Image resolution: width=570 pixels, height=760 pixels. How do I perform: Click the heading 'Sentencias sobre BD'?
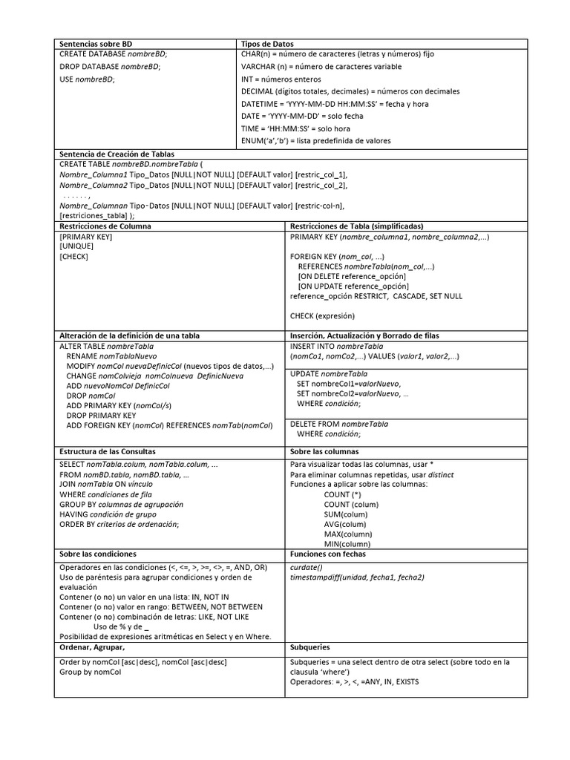pyautogui.click(x=96, y=44)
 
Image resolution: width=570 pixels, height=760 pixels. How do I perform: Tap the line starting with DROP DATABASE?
pyautogui.click(x=109, y=67)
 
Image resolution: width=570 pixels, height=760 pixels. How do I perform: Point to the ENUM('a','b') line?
pyautogui.click(x=315, y=140)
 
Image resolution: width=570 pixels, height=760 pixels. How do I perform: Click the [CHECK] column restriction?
pyautogui.click(x=73, y=257)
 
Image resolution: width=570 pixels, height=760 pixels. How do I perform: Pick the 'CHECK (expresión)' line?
pyautogui.click(x=323, y=315)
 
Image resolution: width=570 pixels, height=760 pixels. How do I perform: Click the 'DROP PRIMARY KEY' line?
pyautogui.click(x=101, y=416)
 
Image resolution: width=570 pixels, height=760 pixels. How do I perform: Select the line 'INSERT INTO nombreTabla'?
pyautogui.click(x=336, y=347)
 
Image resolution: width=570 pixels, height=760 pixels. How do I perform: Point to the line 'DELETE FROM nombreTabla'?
pyautogui.click(x=338, y=424)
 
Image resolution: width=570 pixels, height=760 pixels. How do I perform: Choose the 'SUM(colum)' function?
pyautogui.click(x=345, y=514)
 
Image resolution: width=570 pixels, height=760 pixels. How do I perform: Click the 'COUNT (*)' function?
pyautogui.click(x=342, y=494)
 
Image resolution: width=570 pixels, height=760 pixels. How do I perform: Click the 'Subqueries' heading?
pyautogui.click(x=309, y=647)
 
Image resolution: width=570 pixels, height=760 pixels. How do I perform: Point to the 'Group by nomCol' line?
pyautogui.click(x=90, y=672)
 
